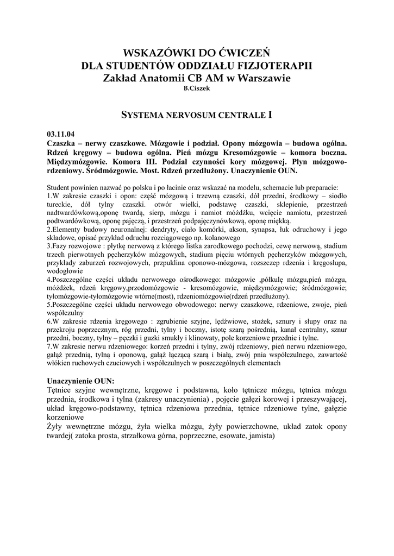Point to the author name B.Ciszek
pos(197,89)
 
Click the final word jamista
pos(260,437)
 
